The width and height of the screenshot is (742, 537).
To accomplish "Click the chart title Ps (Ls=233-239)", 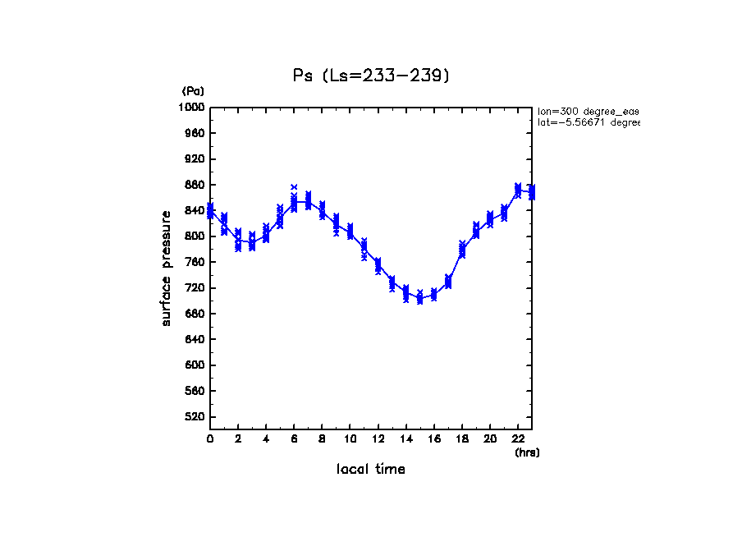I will point(371,76).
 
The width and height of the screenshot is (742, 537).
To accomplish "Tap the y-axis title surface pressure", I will point(167,267).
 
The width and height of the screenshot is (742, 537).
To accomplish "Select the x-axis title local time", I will point(371,470).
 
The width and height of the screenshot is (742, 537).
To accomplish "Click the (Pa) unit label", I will point(193,91).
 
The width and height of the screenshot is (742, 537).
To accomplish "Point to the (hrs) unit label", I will point(527,452).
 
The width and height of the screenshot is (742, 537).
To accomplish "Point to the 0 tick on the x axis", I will point(210,439).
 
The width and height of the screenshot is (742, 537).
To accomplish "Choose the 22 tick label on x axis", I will point(518,439).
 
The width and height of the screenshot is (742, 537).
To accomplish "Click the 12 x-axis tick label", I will point(378,439).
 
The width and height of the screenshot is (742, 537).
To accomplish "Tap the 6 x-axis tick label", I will point(294,439).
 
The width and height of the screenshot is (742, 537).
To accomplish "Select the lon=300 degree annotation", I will point(588,110).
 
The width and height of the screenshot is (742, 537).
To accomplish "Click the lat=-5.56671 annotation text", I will point(588,122).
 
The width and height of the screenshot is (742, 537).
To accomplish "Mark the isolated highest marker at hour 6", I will point(294,187).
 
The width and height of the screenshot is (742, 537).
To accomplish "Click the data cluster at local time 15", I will point(419,297).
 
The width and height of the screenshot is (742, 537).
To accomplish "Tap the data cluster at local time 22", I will point(518,190).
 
